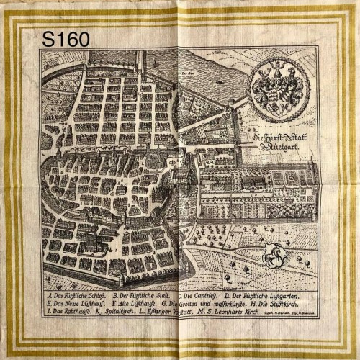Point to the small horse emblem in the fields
point(271,253)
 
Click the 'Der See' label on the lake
point(189,73)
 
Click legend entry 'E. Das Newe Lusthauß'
point(76,305)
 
